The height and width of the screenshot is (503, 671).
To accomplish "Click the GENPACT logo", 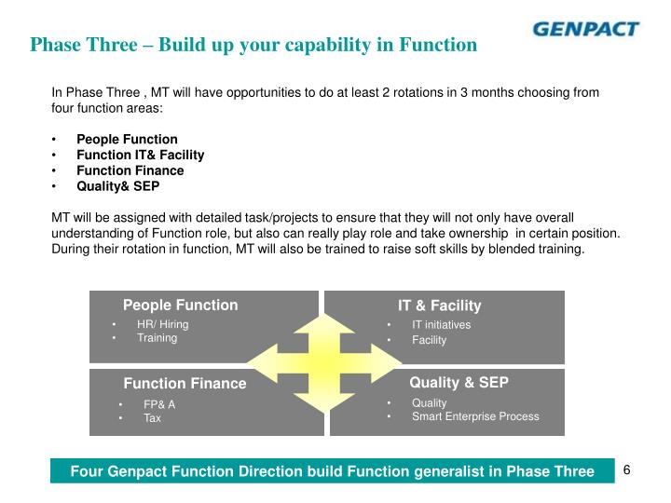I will (585, 29).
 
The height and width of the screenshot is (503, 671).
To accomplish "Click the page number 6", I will (627, 469).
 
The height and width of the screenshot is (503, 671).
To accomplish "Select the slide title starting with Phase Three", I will (253, 45).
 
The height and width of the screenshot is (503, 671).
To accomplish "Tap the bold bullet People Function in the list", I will (127, 140).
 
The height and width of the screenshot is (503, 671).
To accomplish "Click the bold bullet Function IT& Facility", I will (140, 155).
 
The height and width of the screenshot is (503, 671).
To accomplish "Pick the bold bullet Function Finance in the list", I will (130, 170).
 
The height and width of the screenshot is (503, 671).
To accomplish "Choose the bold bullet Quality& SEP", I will (117, 185).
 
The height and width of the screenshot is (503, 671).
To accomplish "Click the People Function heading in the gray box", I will (181, 305).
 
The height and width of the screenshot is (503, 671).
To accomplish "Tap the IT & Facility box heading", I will (439, 306).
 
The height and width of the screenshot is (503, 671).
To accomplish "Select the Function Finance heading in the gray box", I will (185, 383).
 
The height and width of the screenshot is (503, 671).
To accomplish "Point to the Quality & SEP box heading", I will (459, 382).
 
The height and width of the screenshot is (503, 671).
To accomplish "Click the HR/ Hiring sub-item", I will (162, 324).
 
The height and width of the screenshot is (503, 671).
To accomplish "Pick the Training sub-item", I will (157, 337).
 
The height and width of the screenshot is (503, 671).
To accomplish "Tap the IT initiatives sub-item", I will (441, 325).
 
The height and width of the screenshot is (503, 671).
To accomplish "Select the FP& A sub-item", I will (158, 404).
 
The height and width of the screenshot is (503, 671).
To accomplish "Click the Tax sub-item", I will (152, 418).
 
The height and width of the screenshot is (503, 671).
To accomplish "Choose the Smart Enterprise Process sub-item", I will (475, 416).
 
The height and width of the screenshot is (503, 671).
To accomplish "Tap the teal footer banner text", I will (332, 471).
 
